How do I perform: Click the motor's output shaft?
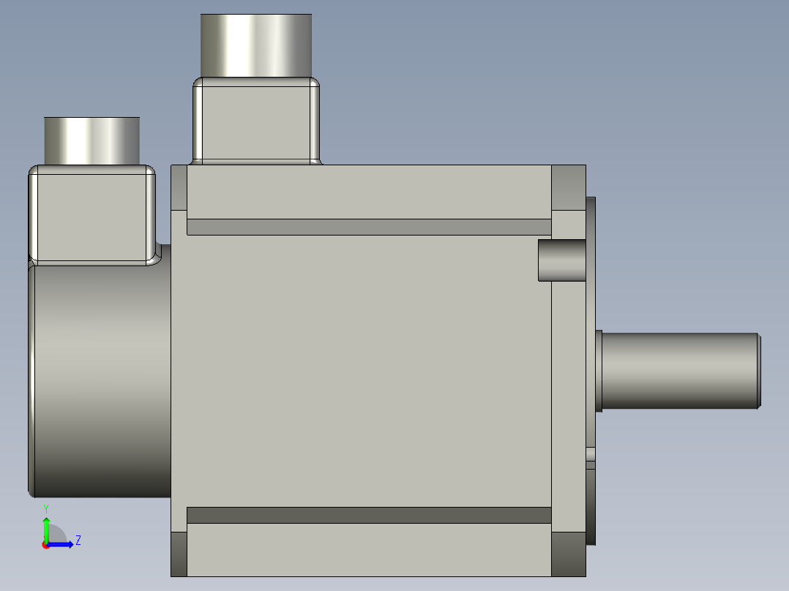tap(677, 370)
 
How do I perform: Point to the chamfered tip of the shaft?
tap(759, 370)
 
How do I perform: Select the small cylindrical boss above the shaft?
tap(561, 260)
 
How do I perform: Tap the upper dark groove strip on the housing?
tap(369, 227)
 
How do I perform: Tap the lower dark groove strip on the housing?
tap(369, 515)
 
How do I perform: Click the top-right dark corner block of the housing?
tap(568, 187)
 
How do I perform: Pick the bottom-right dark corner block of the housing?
tap(568, 554)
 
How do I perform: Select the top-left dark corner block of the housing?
tap(179, 187)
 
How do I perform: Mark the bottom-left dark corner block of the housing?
tap(179, 554)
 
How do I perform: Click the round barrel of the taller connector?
tap(256, 45)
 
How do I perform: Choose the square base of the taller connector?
tap(256, 120)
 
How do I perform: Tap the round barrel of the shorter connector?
tap(91, 140)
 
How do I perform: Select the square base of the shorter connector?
tap(91, 215)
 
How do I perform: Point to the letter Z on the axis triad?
tap(78, 541)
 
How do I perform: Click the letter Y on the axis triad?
tap(45, 508)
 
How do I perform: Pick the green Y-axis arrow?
tap(45, 527)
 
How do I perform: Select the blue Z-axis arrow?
tap(63, 544)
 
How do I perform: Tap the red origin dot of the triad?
tap(45, 545)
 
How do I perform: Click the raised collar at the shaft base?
tap(599, 370)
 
